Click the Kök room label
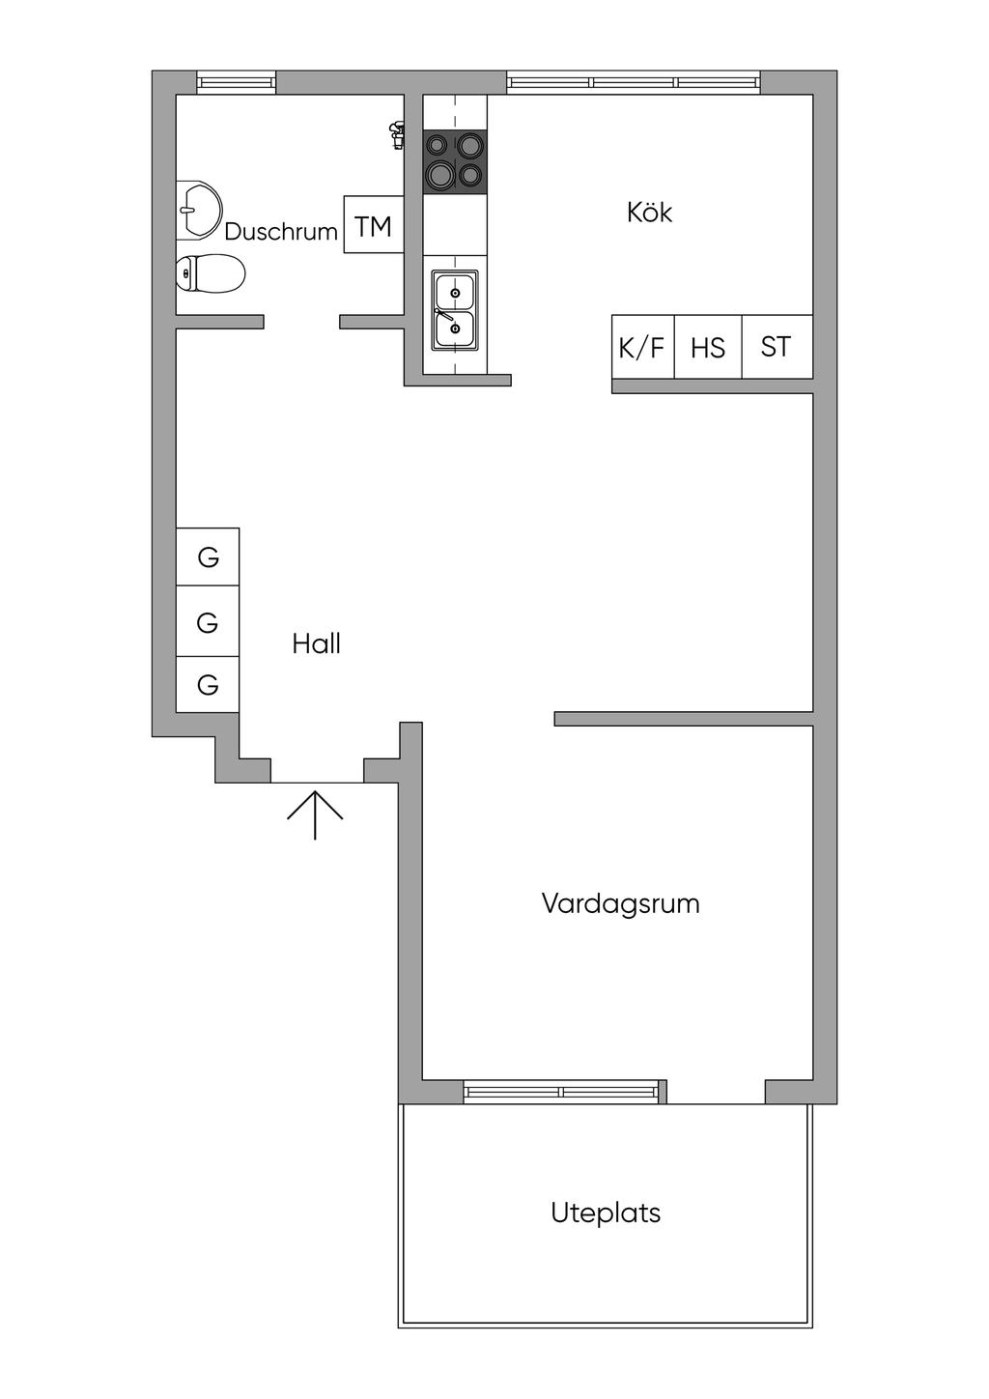[x=649, y=213]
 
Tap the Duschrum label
[x=281, y=232]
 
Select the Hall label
[x=317, y=644]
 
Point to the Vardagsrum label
[x=620, y=904]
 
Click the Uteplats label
[x=606, y=1213]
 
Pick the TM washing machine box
[x=374, y=225]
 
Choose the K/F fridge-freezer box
[x=642, y=347]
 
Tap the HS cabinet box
[x=708, y=347]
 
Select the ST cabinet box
[x=777, y=347]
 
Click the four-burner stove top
[x=455, y=161]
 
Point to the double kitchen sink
[x=454, y=309]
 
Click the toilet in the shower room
[x=211, y=273]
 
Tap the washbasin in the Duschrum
[x=198, y=210]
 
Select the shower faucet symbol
[x=396, y=134]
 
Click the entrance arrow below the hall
[x=315, y=814]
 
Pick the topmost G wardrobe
[x=208, y=557]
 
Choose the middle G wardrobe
[x=208, y=623]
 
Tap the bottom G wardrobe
[x=208, y=685]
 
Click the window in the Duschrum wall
[x=237, y=83]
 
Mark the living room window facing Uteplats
[x=562, y=1093]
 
